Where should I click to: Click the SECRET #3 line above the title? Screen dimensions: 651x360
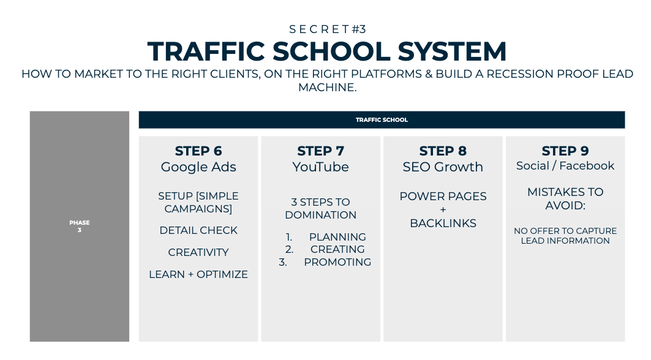[x=328, y=29]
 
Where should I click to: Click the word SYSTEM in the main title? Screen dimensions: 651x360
[x=452, y=51]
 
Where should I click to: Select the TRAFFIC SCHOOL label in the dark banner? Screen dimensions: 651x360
[x=382, y=119]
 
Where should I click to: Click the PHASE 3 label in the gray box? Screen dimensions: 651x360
[x=79, y=227]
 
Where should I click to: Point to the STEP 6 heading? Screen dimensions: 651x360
[x=198, y=151]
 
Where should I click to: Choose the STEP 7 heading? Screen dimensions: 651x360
[x=320, y=151]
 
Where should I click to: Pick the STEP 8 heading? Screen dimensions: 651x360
[x=443, y=151]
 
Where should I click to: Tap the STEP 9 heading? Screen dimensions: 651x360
[x=565, y=151]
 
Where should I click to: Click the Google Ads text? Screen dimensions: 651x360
[x=198, y=167]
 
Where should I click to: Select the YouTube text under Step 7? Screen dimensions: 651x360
[x=320, y=167]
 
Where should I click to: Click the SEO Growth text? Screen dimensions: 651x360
[x=443, y=167]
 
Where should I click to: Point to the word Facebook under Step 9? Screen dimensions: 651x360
[x=587, y=166]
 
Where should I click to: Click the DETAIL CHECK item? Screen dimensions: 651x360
[x=198, y=230]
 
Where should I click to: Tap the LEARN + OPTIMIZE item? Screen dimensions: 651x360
[x=198, y=274]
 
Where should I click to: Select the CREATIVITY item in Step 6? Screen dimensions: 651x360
[x=198, y=252]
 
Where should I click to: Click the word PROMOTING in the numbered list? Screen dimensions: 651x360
[x=337, y=262]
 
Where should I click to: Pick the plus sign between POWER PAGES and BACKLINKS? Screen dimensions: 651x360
[x=443, y=209]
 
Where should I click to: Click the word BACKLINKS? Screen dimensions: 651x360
[x=443, y=223]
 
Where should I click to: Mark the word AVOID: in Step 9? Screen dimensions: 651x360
[x=565, y=206]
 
